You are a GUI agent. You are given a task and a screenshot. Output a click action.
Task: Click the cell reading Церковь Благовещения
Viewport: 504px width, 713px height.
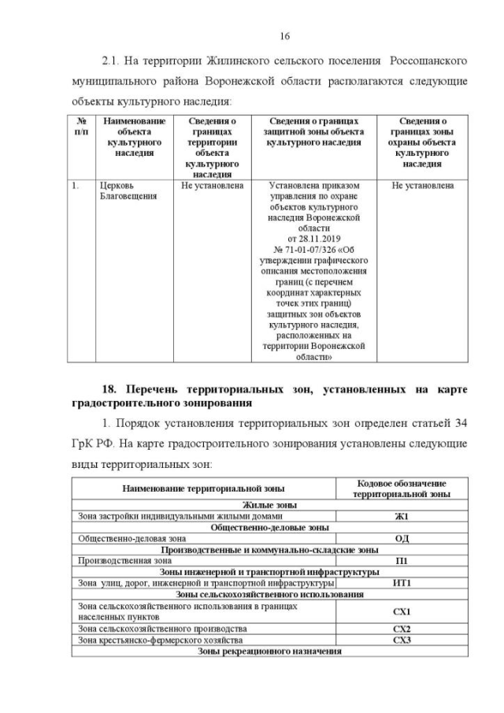118,191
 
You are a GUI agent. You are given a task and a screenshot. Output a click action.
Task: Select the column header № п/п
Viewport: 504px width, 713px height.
80,126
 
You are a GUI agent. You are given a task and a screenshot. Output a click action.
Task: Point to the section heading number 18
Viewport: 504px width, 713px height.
110,390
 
